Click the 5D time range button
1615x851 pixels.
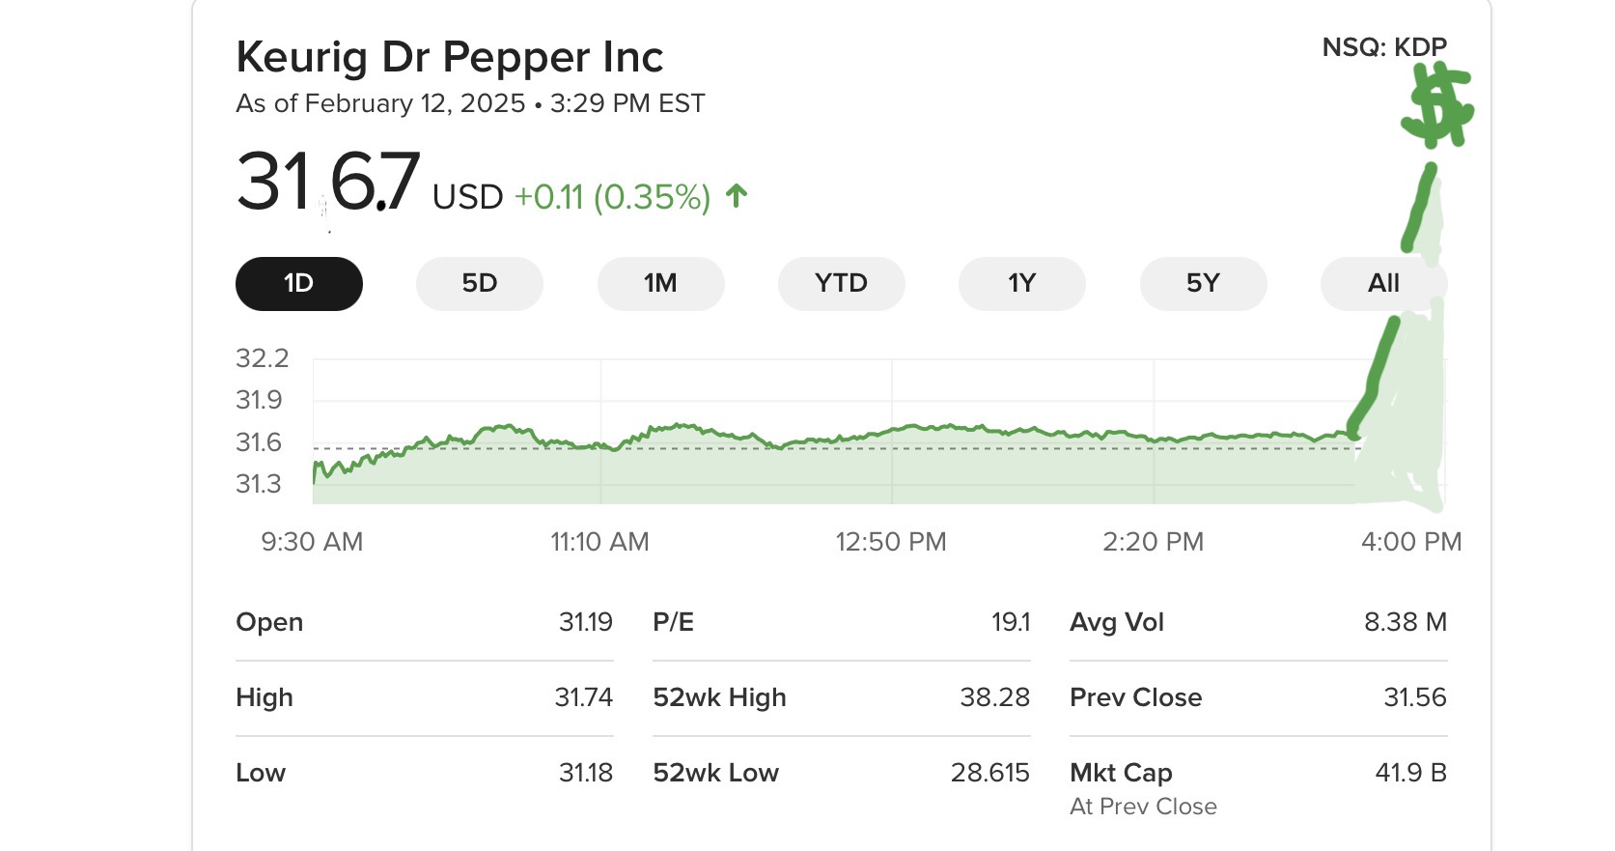[479, 284]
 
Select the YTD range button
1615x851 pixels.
[841, 284]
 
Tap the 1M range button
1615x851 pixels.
[660, 284]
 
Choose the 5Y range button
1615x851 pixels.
[1203, 284]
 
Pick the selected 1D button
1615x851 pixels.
[298, 284]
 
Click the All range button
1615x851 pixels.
[1382, 284]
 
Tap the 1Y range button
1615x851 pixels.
[1021, 284]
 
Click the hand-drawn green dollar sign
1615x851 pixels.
[1437, 106]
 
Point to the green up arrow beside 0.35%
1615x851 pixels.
[737, 196]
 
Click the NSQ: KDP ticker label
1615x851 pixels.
[1383, 47]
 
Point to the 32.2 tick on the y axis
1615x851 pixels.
[262, 358]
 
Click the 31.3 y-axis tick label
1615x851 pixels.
[259, 484]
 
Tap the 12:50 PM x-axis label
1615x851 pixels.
[890, 542]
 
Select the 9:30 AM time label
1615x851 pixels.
[312, 542]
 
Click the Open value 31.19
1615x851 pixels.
[585, 622]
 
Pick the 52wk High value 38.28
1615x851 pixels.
[994, 697]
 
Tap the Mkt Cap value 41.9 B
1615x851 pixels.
[1410, 773]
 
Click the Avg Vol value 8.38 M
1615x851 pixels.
[1405, 622]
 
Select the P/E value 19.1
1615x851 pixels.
[1011, 622]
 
